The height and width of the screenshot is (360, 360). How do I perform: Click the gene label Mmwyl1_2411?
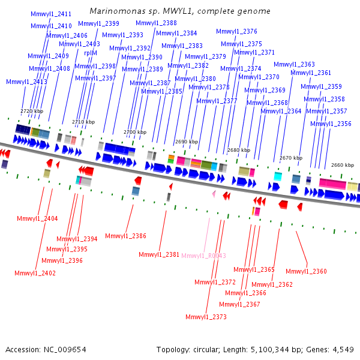point(51,14)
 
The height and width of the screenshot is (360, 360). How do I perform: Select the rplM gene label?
point(91,53)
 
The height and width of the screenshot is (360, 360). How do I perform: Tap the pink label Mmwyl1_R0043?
point(203,256)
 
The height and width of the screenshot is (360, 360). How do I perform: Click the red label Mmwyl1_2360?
point(306,271)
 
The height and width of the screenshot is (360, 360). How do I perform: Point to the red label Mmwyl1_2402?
point(35,273)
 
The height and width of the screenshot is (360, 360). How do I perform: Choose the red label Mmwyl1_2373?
point(206,317)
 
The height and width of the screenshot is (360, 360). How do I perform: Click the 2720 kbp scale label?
point(32,111)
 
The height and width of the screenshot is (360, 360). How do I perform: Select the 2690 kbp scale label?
point(187,142)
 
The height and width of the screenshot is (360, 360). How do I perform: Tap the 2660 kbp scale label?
point(343,165)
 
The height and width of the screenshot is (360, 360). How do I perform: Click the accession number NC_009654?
point(65,350)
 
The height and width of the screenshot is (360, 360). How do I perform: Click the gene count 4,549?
point(343,350)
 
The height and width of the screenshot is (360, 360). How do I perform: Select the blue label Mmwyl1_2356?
point(331,124)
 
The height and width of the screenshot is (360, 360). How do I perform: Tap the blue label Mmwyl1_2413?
point(26,82)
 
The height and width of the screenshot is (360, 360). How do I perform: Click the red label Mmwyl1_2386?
point(125,236)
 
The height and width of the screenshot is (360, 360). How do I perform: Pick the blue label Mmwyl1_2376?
point(236,31)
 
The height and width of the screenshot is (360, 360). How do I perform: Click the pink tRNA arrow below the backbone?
point(214,194)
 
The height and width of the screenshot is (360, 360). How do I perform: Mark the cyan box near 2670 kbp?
point(278,176)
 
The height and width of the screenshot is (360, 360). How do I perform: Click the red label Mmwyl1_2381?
point(159,254)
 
